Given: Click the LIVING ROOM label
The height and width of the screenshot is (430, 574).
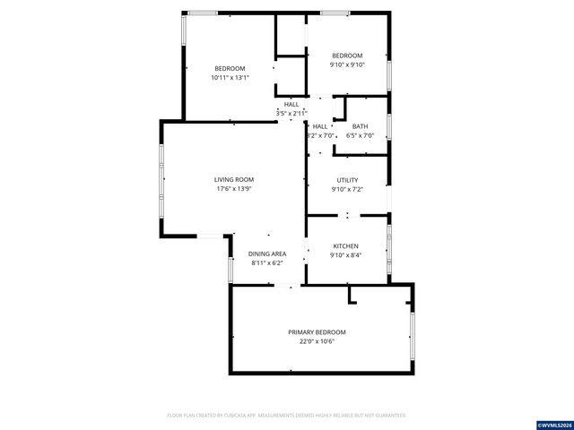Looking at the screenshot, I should pos(234,179).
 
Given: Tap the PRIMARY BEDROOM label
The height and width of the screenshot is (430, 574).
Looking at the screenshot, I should pos(317,332).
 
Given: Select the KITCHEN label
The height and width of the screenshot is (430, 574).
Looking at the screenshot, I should pos(346,246).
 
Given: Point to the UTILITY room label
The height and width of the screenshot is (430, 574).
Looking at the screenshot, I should pos(347,180).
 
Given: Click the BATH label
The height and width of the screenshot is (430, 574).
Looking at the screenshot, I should pos(360,126).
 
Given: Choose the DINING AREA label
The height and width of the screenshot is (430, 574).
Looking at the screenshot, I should pos(266,254).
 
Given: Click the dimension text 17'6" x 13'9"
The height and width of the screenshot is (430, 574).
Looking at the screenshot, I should pos(234,189).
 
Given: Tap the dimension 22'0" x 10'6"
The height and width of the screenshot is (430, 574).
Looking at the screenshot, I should pos(317,341).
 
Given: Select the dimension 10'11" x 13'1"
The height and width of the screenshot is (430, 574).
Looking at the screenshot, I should pos(230,78).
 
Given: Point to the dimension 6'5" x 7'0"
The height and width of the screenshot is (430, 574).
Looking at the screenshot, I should pos(360,136).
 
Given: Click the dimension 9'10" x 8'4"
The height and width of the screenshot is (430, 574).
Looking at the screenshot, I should pos(346,255).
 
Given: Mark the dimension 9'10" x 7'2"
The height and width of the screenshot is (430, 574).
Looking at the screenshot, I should pos(347,189).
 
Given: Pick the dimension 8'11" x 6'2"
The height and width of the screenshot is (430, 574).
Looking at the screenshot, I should pos(266,263).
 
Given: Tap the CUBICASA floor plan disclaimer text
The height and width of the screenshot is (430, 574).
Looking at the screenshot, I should pos(287,416).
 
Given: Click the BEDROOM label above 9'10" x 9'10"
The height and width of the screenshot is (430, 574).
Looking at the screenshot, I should pos(346,55).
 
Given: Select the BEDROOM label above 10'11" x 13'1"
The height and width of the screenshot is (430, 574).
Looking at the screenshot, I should pos(230,69).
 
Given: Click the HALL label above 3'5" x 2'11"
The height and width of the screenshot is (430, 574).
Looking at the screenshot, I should pos(292,105).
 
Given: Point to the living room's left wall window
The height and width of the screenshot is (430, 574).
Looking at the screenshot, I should pos(161,179).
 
